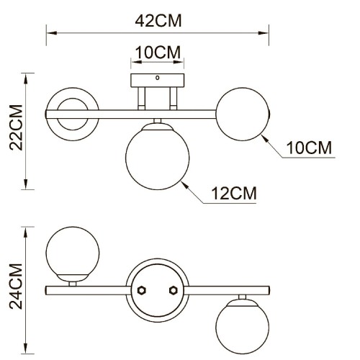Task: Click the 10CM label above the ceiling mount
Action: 157,53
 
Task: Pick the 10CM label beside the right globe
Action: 309,148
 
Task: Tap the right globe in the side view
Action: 243,113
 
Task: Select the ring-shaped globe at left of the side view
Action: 72,113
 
